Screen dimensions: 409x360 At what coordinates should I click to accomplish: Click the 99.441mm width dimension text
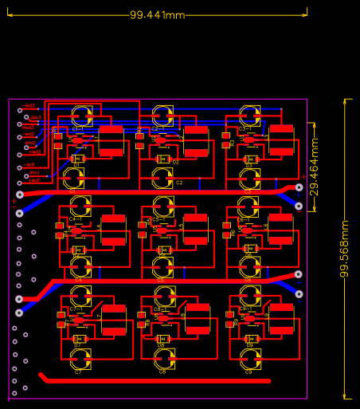[157, 15]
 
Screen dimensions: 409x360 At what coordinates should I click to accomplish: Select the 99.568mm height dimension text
[345, 249]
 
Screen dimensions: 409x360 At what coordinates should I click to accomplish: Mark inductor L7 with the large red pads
[113, 319]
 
